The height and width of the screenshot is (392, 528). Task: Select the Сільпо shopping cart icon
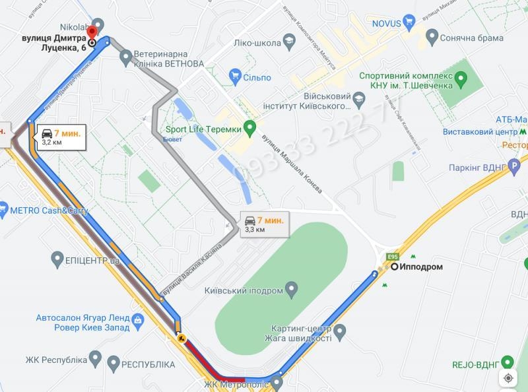(x=234, y=77)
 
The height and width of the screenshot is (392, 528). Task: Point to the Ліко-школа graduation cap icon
(x=288, y=41)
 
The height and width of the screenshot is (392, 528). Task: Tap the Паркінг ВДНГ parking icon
(x=515, y=168)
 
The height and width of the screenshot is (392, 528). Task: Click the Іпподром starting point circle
(x=394, y=267)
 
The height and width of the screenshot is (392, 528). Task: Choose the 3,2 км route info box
(x=59, y=137)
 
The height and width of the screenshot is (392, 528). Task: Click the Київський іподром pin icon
(x=291, y=290)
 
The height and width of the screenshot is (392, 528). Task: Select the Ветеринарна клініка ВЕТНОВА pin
(x=126, y=57)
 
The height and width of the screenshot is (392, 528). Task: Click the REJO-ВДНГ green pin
(x=507, y=363)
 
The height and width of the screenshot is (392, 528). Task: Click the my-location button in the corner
(x=510, y=377)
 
